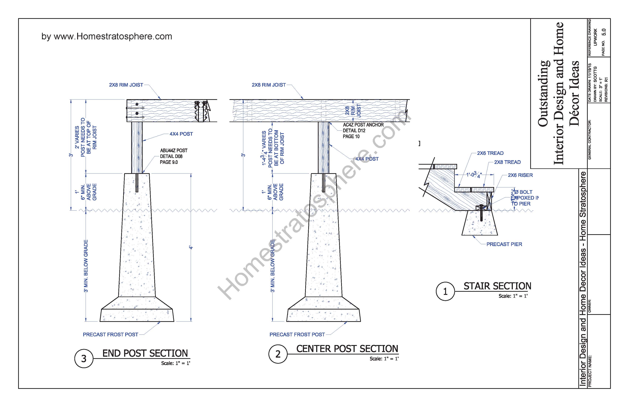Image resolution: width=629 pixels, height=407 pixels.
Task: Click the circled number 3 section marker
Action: (83, 359)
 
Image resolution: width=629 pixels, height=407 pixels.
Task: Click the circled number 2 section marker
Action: (278, 354)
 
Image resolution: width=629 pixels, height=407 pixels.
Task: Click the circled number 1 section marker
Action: (445, 291)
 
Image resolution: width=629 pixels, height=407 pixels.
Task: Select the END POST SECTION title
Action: (145, 353)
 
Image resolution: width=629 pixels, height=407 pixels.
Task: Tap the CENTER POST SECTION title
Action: (347, 349)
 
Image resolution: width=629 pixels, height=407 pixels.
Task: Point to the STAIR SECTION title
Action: (497, 286)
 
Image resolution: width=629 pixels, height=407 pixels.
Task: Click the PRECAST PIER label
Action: (504, 244)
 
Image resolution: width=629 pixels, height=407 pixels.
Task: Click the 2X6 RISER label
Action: (520, 175)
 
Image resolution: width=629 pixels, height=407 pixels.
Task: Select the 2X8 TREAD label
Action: (507, 162)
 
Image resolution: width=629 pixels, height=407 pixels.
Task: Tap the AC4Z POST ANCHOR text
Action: (363, 125)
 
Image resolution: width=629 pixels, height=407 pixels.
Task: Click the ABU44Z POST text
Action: (174, 150)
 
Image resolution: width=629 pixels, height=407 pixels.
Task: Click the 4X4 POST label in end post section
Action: (181, 134)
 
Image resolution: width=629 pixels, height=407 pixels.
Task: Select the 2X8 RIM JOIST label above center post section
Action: (268, 85)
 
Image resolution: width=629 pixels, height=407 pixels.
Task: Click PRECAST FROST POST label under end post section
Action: (110, 335)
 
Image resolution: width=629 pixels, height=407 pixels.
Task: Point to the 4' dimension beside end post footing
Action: (191, 247)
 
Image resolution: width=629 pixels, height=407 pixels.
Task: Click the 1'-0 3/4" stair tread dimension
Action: (474, 175)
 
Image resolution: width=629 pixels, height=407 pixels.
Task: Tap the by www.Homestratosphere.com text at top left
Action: (107, 36)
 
